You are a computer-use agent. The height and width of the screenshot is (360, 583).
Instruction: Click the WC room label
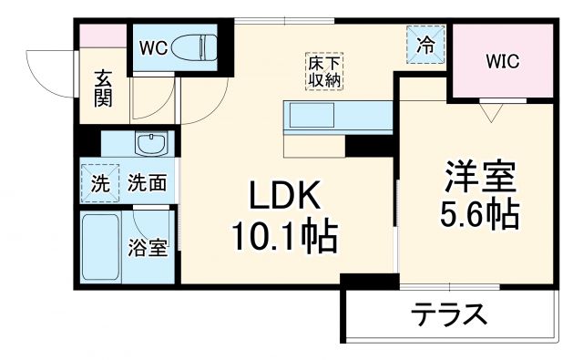[151, 46]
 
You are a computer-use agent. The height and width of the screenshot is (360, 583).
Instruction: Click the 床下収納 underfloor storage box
[322, 71]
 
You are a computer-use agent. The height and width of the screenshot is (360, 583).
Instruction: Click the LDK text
[285, 196]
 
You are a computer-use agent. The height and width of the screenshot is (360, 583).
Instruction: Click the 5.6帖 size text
[480, 215]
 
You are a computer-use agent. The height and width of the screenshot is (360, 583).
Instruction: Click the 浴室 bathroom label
[147, 247]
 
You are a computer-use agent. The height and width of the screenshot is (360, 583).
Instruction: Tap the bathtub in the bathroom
[101, 248]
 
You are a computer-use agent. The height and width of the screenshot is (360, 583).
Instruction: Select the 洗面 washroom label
[146, 182]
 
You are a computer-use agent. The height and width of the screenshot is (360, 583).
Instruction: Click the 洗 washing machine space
[100, 182]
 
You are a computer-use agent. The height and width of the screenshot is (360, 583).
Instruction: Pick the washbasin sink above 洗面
[149, 144]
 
